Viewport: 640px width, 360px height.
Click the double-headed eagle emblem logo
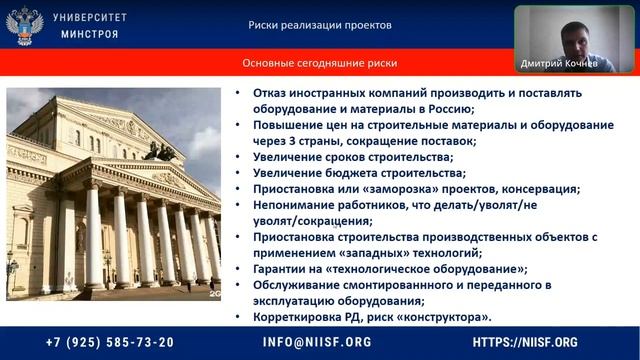tap(24, 25)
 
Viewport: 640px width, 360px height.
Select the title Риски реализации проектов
tap(320, 25)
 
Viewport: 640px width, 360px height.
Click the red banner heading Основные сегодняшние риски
tap(319, 63)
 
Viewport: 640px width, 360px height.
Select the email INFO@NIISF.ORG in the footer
tap(317, 341)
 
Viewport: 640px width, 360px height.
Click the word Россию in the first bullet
tap(448, 109)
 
